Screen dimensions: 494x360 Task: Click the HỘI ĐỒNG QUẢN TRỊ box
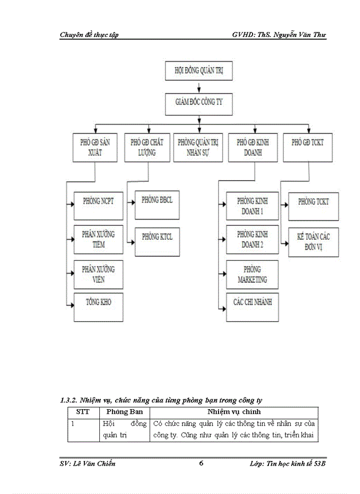point(199,71)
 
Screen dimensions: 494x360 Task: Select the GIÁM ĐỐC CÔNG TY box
point(199,102)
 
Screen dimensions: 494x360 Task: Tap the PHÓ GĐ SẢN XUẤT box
point(95,148)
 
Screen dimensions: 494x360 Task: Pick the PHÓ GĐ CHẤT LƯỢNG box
point(147,148)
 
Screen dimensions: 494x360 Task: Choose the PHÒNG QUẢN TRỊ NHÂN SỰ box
point(198,148)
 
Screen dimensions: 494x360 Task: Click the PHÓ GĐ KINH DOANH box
point(253,148)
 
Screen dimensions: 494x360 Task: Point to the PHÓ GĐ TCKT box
point(308,148)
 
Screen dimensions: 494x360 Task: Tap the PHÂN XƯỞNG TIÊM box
point(98,239)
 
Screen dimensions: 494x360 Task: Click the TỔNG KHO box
point(98,307)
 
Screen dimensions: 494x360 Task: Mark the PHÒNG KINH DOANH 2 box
point(253,240)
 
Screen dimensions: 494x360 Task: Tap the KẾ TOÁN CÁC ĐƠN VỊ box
point(313,242)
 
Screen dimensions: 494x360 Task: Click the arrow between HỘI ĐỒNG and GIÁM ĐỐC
point(199,87)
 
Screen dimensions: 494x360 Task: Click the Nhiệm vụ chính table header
point(233,412)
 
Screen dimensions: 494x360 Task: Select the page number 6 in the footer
point(201,464)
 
